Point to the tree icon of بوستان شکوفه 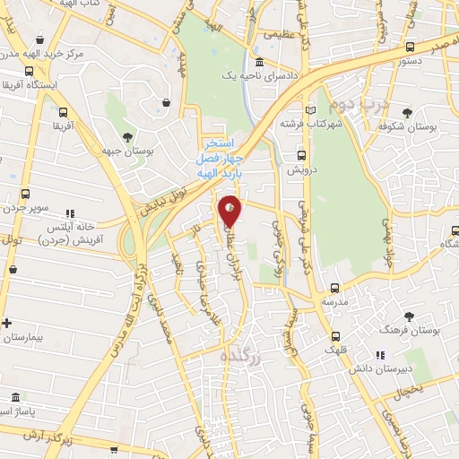pyautogui.click(x=408, y=113)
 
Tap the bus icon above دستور pyautogui.click(x=410, y=48)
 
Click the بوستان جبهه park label pyautogui.click(x=125, y=153)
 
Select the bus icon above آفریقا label pyautogui.click(x=63, y=113)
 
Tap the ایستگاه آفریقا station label pyautogui.click(x=31, y=84)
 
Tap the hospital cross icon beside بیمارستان pyautogui.click(x=7, y=324)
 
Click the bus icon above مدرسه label pyautogui.click(x=333, y=288)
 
